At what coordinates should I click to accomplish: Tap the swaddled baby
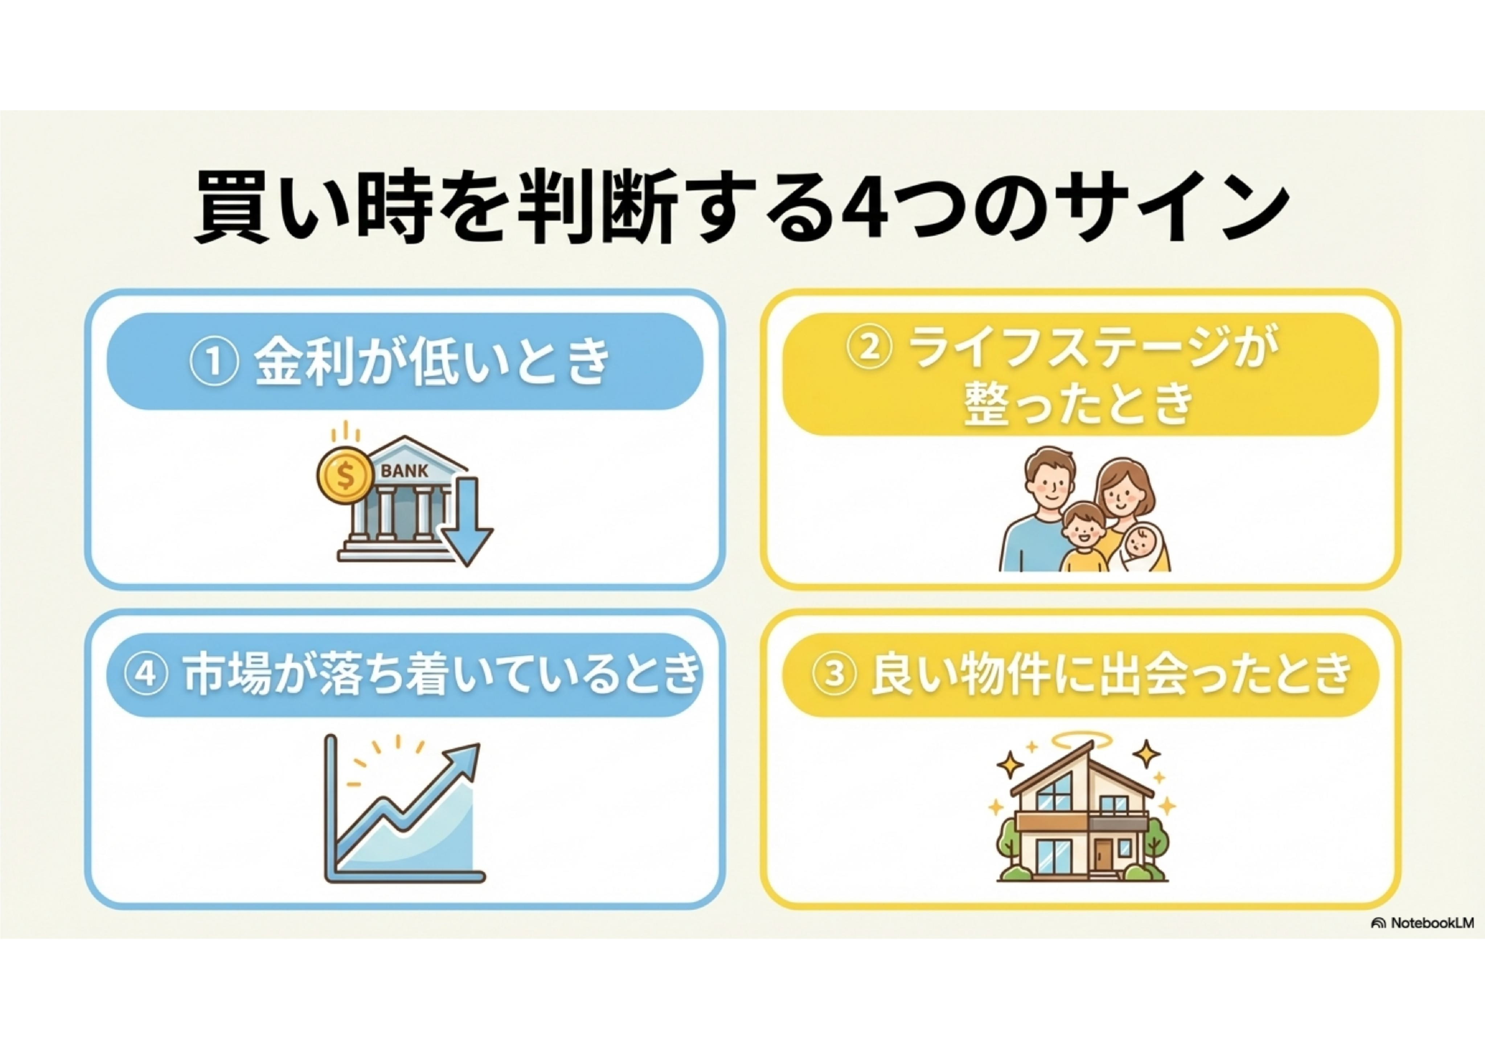pos(1144,547)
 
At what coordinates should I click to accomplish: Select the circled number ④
pos(147,675)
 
